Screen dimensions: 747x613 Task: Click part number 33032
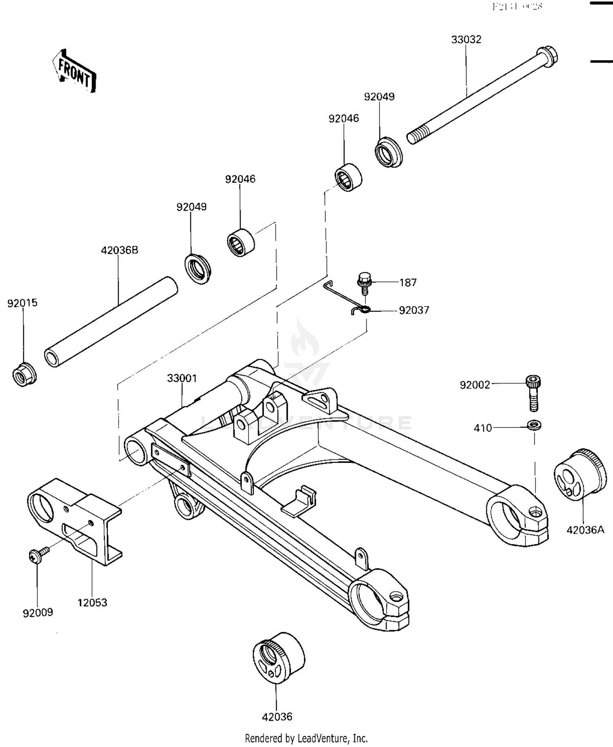[466, 40]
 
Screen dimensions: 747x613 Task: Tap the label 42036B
[119, 250]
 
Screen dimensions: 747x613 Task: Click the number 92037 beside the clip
[414, 310]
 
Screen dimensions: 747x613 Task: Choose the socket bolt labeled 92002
[532, 393]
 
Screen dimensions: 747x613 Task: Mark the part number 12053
[92, 603]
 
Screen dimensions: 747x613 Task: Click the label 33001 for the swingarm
[182, 379]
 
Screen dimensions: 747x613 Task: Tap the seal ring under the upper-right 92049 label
[388, 154]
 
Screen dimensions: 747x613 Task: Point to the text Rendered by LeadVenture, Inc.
[306, 738]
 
